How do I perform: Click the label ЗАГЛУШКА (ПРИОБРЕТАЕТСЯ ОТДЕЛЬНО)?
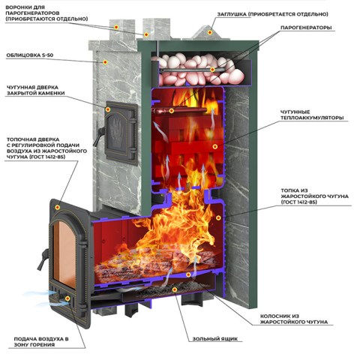[272, 14]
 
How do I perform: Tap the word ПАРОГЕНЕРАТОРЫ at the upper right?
[306, 28]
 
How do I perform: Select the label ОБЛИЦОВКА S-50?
[30, 55]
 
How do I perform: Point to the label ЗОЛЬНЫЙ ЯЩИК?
[215, 339]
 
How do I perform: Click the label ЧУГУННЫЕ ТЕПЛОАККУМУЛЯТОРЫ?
[312, 115]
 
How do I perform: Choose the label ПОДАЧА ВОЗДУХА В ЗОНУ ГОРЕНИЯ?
[41, 342]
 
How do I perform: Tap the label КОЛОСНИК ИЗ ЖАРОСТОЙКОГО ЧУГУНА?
[294, 319]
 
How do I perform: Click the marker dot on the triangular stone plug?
[210, 32]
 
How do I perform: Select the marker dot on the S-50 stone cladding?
[105, 62]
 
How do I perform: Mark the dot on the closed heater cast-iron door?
[108, 109]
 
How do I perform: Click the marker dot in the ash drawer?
[175, 289]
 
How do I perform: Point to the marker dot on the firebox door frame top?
[57, 207]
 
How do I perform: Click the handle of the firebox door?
[43, 259]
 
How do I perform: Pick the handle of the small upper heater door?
[98, 136]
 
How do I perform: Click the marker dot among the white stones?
[212, 70]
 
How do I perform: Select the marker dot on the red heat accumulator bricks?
[214, 146]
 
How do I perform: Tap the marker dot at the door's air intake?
[67, 298]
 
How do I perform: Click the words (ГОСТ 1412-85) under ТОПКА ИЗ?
[298, 202]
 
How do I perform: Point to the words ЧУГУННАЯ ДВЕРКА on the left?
[32, 87]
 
